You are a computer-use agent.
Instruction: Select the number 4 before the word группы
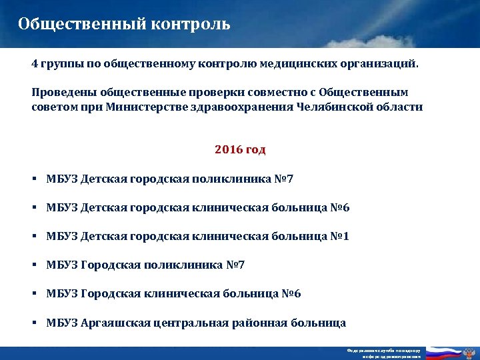click(35, 66)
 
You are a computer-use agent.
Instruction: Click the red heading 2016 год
click(240, 150)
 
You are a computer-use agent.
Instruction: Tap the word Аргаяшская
click(115, 323)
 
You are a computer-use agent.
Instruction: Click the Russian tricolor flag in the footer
click(444, 353)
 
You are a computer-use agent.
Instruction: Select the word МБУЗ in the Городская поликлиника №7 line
click(62, 265)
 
